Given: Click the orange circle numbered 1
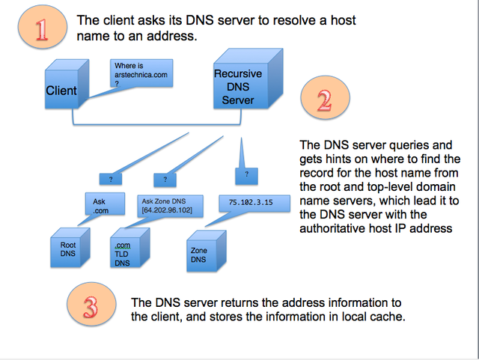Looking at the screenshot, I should click(40, 28).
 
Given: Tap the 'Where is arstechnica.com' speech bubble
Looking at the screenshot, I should click(141, 76).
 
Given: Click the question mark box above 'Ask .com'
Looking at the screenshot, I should click(111, 179).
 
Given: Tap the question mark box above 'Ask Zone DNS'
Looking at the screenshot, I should click(165, 179).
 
